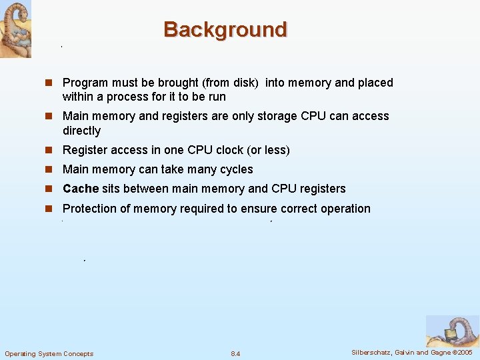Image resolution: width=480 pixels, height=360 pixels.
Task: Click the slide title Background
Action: (225, 30)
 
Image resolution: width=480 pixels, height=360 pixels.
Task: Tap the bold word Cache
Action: (81, 189)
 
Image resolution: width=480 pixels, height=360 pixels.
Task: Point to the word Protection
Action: (90, 209)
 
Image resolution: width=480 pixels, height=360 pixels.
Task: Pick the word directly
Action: (81, 131)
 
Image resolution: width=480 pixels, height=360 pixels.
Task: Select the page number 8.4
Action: (235, 353)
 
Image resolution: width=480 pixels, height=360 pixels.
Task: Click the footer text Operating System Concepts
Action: (49, 353)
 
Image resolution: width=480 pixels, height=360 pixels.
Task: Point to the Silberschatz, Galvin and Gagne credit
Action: (411, 352)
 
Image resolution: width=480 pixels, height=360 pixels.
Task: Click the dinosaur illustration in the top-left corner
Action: (15, 29)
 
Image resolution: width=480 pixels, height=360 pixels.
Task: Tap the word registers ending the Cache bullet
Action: (323, 189)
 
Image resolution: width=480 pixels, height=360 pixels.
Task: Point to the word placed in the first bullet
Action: (375, 83)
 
